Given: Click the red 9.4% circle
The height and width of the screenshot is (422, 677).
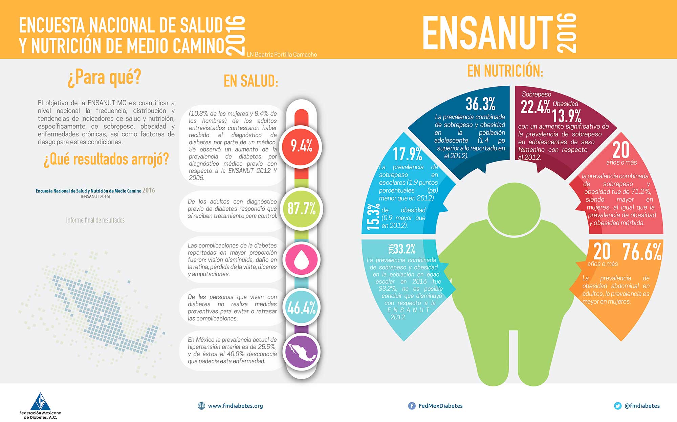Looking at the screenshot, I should click(x=301, y=146).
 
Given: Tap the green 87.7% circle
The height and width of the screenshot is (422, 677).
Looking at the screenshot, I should click(x=301, y=208).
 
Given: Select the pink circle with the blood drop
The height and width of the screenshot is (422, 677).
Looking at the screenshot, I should click(x=301, y=260).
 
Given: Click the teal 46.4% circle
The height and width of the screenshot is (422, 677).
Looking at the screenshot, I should click(x=301, y=308).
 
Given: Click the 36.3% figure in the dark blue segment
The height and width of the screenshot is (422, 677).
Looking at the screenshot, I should click(x=480, y=104).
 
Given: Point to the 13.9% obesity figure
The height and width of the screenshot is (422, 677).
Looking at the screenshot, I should click(x=567, y=116).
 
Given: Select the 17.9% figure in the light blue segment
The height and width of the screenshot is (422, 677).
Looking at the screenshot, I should click(x=408, y=154).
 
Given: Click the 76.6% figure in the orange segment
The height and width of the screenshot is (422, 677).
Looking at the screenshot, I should click(x=642, y=252).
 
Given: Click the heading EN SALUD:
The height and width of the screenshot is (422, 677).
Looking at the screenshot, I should click(x=251, y=81).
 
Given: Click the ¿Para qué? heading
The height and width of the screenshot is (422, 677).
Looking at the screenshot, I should click(x=104, y=77).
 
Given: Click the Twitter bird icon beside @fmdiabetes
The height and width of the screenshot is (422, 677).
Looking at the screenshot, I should click(x=618, y=406).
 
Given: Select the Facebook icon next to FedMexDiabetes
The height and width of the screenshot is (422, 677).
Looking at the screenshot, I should click(x=412, y=406).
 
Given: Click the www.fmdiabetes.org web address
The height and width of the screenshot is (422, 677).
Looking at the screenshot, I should click(x=235, y=406).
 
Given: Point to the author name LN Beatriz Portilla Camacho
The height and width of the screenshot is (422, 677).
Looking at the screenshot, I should click(x=282, y=55).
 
